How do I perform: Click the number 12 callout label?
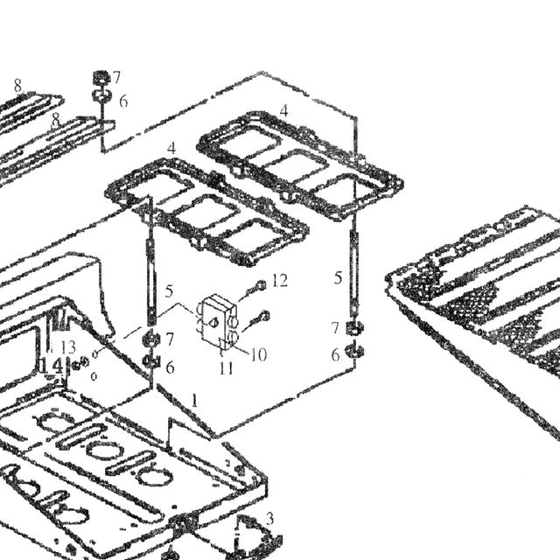coord(280,281)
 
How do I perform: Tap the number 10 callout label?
coord(259,354)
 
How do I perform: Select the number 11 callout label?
coord(227,368)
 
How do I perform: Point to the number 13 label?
coord(68,346)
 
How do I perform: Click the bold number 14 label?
coord(52,366)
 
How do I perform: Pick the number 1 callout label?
coord(194,401)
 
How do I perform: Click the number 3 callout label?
coord(270,518)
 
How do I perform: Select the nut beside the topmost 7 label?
coord(101,77)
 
